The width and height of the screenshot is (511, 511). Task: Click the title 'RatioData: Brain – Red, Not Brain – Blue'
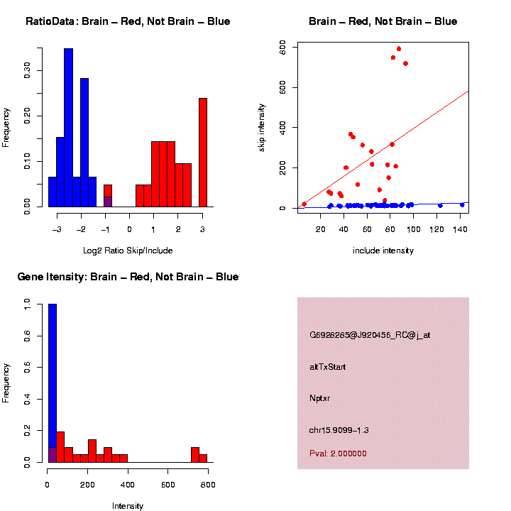pos(128,21)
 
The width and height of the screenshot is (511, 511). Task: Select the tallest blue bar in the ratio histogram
pos(68,128)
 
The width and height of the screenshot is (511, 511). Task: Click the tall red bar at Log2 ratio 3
pos(203,153)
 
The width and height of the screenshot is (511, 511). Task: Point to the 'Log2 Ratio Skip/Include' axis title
pos(128,250)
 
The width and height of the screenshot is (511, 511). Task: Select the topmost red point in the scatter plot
pos(399,49)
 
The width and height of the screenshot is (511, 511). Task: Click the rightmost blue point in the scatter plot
pos(462,204)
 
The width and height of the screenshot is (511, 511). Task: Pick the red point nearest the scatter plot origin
pos(304,204)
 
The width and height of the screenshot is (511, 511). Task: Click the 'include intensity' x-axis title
pos(383,251)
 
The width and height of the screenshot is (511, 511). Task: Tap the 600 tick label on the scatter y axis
pos(282,47)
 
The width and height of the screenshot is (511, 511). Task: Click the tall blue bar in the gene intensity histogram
pos(52,383)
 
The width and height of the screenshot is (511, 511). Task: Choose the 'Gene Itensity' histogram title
pos(128,277)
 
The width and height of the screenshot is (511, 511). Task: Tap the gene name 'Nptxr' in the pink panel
pos(320,398)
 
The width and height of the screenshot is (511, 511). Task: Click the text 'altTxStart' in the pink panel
pos(328,367)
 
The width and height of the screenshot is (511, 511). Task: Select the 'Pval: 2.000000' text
pos(339,454)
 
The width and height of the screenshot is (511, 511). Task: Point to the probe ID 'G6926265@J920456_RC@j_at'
pos(370,335)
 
